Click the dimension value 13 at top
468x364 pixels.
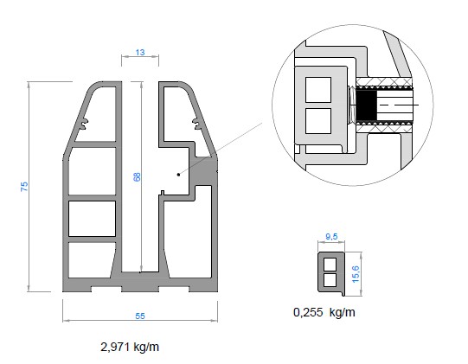140,53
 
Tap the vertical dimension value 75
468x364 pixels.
24,187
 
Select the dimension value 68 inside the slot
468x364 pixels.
137,177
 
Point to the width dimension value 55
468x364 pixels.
140,316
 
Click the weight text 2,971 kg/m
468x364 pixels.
130,347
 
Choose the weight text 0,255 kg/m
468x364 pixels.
324,312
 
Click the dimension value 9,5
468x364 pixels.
331,237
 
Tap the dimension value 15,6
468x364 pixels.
356,274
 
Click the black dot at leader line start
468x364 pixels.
178,175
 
